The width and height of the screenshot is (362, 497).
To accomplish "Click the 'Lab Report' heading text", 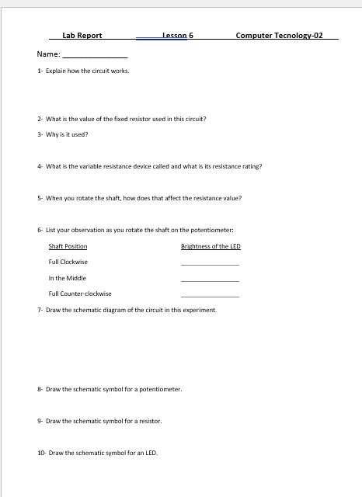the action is [x=82, y=36].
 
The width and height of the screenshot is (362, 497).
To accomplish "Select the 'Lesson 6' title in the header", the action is [x=178, y=36].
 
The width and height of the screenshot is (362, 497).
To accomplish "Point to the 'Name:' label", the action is [x=47, y=55].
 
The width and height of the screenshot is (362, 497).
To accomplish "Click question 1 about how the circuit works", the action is [x=84, y=71].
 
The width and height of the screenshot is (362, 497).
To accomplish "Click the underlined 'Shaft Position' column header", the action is [x=68, y=246].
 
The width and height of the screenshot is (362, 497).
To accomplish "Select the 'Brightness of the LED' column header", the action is [x=211, y=246].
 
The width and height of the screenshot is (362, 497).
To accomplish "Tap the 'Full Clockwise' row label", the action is [x=68, y=262].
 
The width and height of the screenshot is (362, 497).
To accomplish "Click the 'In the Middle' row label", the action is [x=68, y=278].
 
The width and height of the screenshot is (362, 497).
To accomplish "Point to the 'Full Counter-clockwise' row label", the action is [x=80, y=294].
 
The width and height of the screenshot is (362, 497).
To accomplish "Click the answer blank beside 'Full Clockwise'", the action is [x=210, y=264].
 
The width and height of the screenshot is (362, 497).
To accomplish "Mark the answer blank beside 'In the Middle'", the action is [x=210, y=280].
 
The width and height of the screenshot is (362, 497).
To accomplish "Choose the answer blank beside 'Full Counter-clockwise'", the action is [x=210, y=296].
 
